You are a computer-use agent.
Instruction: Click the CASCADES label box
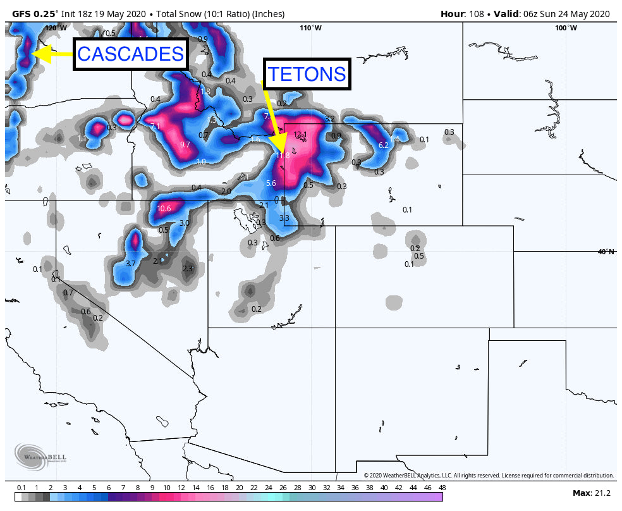(x=131, y=54)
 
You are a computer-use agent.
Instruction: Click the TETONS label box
(x=307, y=74)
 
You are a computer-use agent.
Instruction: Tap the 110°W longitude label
(x=310, y=28)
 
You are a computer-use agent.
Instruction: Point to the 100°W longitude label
(x=566, y=28)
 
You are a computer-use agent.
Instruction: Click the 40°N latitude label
(x=606, y=252)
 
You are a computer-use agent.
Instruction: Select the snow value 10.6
(x=164, y=208)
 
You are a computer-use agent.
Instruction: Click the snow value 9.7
(x=185, y=145)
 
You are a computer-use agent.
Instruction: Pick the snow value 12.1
(x=300, y=134)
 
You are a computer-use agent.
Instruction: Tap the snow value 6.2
(x=383, y=145)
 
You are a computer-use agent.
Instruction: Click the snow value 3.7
(x=131, y=263)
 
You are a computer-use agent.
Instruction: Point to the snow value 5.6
(x=271, y=183)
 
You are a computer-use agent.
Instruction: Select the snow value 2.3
(x=188, y=269)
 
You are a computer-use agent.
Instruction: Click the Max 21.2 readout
(x=590, y=493)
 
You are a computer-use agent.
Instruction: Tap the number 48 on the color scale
(x=441, y=488)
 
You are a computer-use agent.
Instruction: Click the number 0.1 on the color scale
(x=21, y=488)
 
